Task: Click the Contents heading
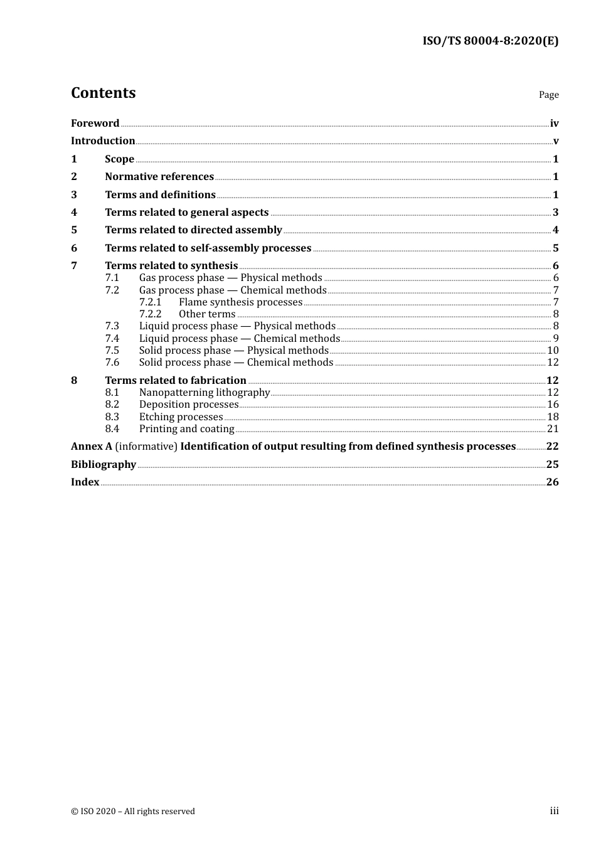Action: (103, 93)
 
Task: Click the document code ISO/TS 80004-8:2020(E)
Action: (490, 41)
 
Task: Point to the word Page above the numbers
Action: (548, 95)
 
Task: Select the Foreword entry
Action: (95, 124)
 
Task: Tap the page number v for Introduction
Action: (555, 141)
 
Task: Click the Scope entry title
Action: (119, 159)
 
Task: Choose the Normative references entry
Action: (159, 177)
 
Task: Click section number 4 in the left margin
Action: (74, 213)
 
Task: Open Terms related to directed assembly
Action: (193, 230)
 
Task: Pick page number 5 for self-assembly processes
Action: (555, 248)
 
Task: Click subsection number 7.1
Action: (112, 278)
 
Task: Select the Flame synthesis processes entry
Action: (240, 302)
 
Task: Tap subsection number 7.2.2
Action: (150, 314)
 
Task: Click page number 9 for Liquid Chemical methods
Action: (555, 339)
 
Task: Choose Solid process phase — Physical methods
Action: (233, 351)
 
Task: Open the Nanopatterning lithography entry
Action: (204, 393)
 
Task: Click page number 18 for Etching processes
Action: (553, 417)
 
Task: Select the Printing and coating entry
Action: (186, 429)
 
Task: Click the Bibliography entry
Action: (104, 465)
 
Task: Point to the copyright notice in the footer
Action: (133, 812)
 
